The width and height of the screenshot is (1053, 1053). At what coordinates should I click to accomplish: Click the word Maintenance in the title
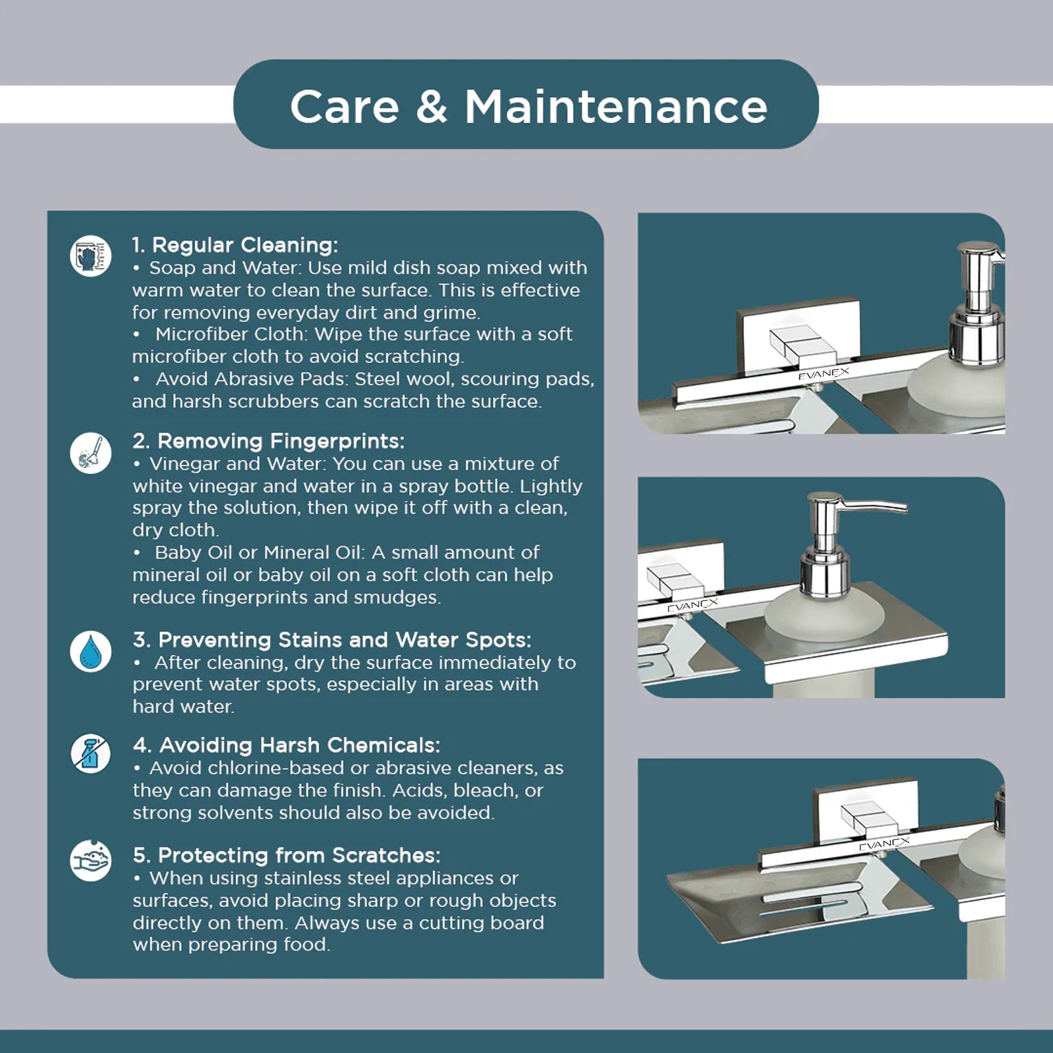(x=616, y=107)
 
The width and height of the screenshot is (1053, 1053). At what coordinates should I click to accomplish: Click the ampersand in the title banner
(x=431, y=107)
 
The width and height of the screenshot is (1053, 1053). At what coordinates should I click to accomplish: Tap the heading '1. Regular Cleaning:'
(x=235, y=245)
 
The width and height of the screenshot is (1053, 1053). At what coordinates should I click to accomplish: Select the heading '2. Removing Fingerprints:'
(x=268, y=441)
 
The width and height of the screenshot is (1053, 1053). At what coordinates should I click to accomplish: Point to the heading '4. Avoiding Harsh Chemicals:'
(x=286, y=745)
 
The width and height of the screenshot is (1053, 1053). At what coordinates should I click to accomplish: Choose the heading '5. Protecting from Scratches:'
(x=286, y=855)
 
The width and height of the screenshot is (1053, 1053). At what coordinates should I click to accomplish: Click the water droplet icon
(x=91, y=651)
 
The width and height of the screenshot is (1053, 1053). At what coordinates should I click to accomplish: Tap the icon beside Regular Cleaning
(x=91, y=256)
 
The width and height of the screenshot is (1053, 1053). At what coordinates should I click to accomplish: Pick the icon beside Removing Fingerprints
(x=91, y=453)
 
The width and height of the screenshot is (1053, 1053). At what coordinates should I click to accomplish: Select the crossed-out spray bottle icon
(x=91, y=755)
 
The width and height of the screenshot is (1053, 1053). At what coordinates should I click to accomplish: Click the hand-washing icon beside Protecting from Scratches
(x=91, y=860)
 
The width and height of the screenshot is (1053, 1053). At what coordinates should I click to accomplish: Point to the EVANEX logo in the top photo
(x=823, y=373)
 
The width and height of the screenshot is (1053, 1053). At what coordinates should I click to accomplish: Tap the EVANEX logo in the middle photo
(x=692, y=605)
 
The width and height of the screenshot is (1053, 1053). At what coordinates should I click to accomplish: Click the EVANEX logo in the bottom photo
(x=885, y=844)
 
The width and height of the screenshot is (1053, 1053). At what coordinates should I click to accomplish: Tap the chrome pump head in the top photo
(x=980, y=302)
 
